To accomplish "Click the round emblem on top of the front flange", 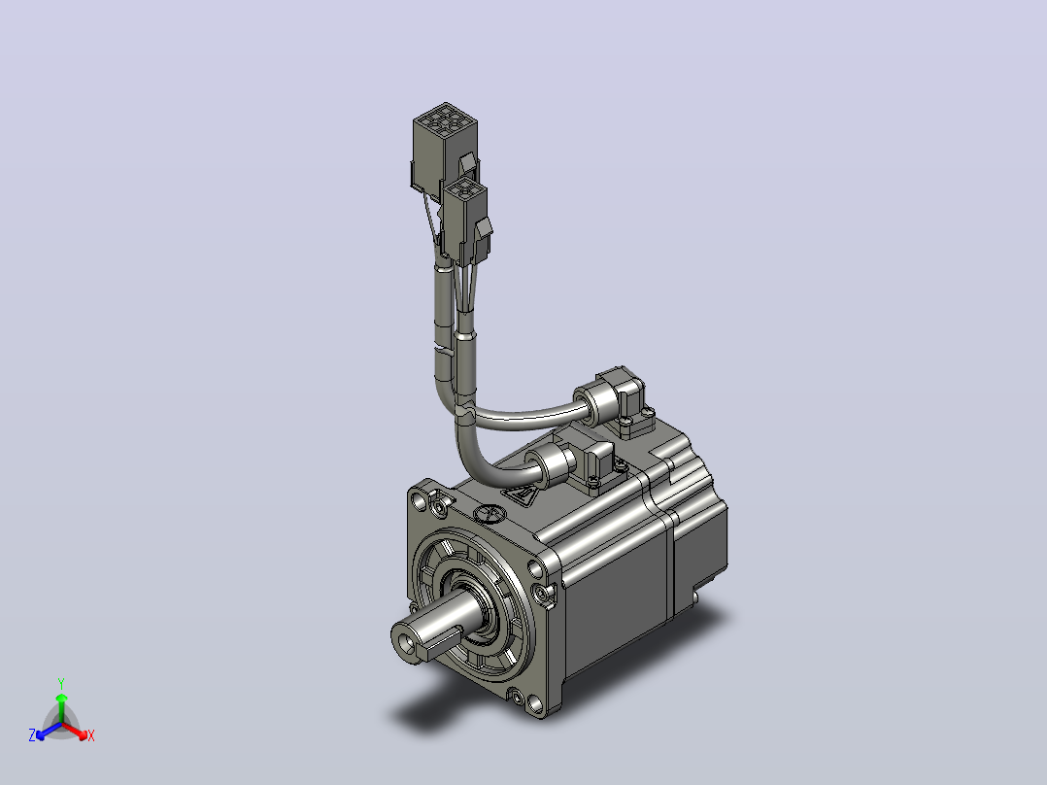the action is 489,513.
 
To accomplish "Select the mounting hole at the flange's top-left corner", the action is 419,500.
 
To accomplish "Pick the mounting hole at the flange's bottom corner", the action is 534,703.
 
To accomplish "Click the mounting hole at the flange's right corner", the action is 534,569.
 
